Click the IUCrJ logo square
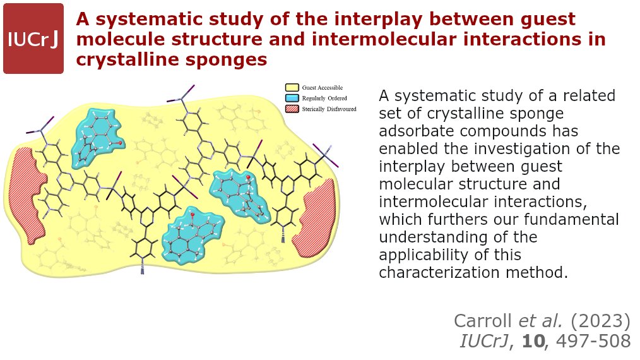[33, 39]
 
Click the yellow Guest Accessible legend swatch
[292, 87]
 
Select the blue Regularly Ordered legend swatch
[292, 98]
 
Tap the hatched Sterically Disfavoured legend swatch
[292, 109]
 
